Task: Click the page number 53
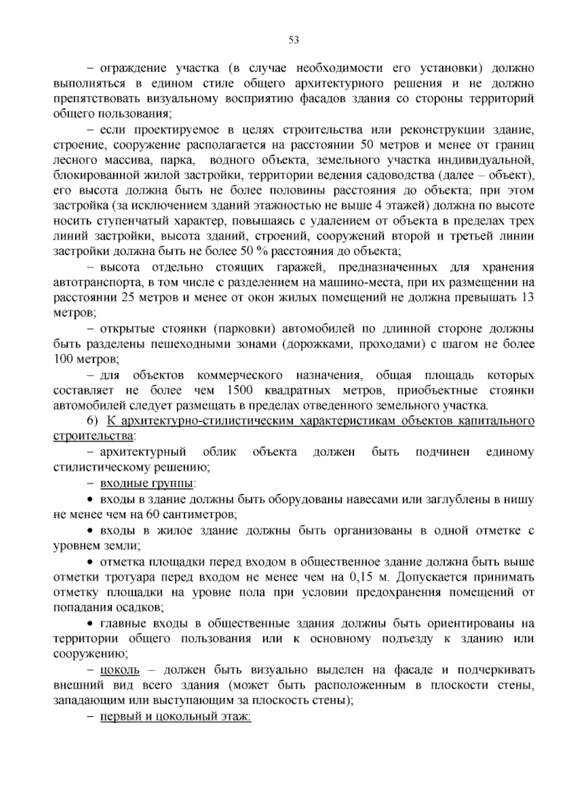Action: [294, 40]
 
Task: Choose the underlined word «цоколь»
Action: [120, 670]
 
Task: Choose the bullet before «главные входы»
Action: [91, 624]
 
